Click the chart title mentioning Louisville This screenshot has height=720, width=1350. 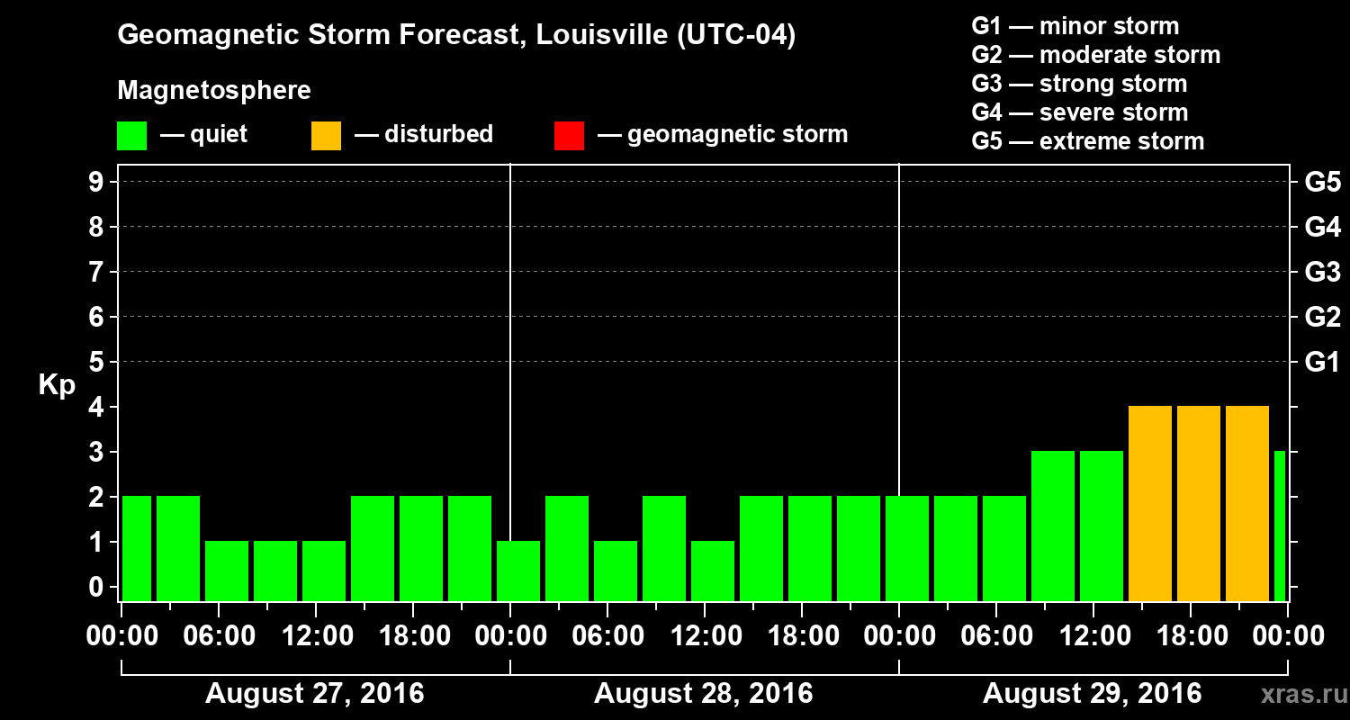tap(456, 36)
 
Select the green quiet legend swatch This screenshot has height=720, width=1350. tap(131, 135)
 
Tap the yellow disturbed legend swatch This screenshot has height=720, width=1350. tap(326, 135)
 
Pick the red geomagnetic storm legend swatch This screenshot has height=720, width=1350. tap(569, 135)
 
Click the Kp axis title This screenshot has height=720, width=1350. tap(57, 384)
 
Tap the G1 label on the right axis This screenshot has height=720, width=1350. tap(1322, 363)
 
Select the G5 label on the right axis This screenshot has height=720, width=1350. tap(1322, 183)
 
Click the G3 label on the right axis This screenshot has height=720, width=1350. tap(1322, 273)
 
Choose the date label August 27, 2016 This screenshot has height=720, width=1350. tap(315, 694)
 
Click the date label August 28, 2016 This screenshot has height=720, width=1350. tap(704, 694)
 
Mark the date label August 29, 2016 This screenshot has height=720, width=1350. tap(1092, 694)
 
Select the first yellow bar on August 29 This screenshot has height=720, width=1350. tap(1150, 504)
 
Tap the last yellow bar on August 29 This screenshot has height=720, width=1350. tap(1247, 504)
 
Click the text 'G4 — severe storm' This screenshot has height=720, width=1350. tap(1080, 112)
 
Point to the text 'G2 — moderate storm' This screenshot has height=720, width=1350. tap(1096, 55)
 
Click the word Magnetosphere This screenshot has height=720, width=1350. tap(214, 91)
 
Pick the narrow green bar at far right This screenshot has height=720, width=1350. tap(1280, 526)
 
